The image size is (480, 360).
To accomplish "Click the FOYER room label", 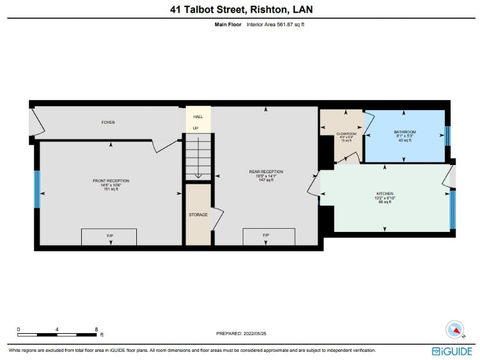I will [108, 122].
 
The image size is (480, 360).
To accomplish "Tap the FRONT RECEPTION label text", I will [110, 181].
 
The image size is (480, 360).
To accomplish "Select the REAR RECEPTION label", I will [266, 172].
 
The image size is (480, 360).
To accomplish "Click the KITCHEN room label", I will [384, 194].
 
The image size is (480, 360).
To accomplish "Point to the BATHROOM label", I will [404, 132].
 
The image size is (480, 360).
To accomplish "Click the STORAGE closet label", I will [198, 215].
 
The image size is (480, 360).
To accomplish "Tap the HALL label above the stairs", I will [197, 116].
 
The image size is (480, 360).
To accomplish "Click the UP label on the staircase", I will [195, 128].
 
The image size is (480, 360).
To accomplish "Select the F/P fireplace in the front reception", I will [110, 236].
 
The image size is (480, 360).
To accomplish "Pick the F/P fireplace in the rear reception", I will [266, 236].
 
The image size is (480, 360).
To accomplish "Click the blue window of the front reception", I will [37, 189].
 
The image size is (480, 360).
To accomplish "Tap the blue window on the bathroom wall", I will [447, 136].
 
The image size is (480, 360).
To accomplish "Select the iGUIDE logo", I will [452, 351].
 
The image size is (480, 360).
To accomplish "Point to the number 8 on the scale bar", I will [96, 329].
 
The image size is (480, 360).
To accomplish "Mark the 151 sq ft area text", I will [110, 189].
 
